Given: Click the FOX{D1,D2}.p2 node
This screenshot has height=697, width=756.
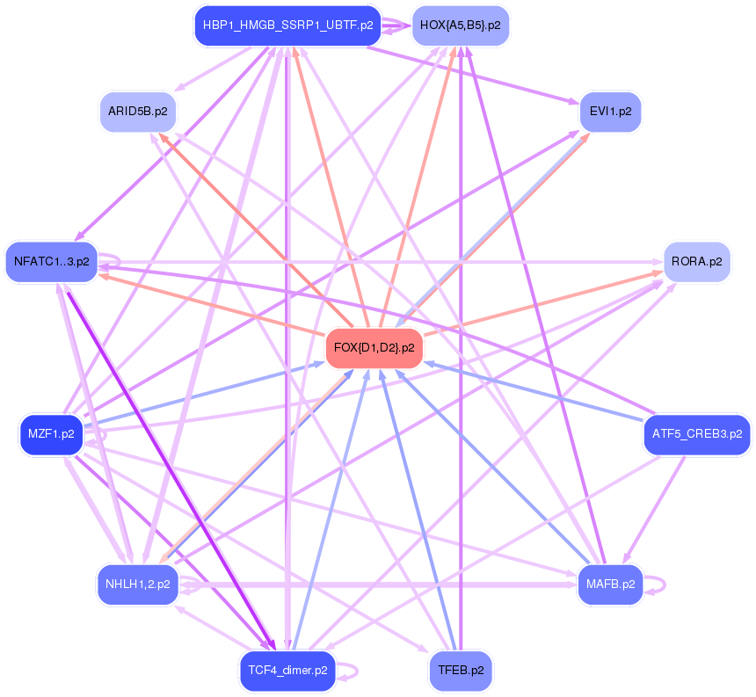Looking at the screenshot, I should [374, 348].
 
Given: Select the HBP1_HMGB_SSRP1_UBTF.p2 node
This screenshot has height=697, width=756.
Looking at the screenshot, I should [287, 25].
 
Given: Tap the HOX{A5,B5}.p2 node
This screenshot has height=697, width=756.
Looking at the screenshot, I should [460, 25].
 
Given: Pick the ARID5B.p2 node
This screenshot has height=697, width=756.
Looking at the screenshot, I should [138, 112].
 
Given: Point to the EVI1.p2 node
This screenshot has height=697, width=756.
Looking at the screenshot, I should [610, 112].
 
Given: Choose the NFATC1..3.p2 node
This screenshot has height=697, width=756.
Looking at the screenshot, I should [51, 261].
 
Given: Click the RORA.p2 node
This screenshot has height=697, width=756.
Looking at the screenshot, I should [696, 261].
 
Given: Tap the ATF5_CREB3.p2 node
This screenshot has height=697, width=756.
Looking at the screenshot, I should [696, 433].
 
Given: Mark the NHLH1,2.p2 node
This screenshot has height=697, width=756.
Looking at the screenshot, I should [138, 584].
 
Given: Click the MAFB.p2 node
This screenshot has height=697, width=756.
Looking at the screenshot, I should [610, 583].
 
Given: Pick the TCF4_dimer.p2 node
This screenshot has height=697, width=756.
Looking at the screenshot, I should [287, 671].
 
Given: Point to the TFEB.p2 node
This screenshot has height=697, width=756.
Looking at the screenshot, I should [460, 671].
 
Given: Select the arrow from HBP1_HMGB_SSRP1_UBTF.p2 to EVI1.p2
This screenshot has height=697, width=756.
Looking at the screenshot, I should [475, 77].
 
